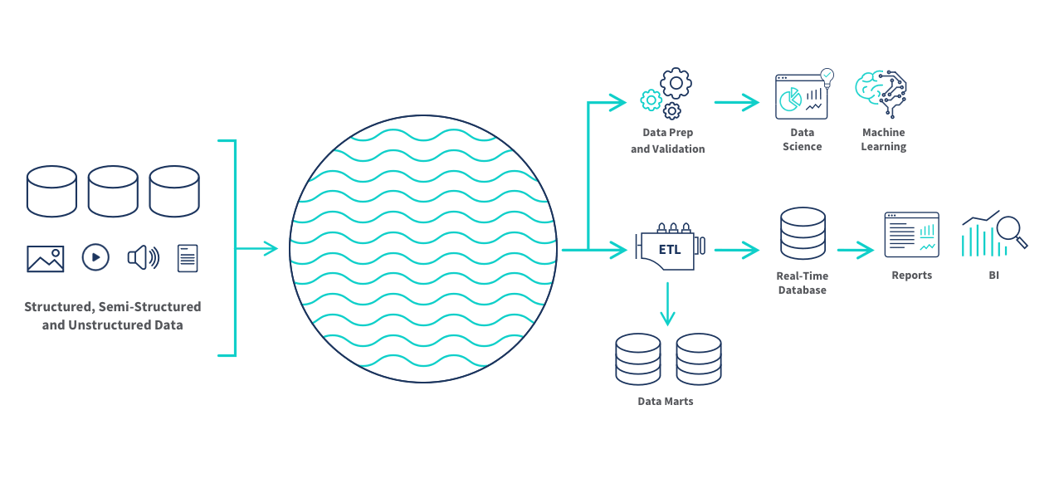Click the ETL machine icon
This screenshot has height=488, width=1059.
669,248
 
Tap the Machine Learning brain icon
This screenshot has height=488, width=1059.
883,92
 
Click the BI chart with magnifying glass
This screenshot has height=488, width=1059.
993,234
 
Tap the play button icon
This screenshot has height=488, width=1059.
95,258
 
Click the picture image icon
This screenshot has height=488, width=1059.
46,259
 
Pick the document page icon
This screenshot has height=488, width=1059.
188,258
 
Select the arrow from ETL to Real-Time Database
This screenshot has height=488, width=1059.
736,249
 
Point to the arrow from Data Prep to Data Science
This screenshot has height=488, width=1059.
736,103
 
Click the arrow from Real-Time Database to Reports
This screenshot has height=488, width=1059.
855,249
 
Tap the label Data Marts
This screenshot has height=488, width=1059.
665,401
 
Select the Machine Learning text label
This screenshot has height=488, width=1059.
883,139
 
